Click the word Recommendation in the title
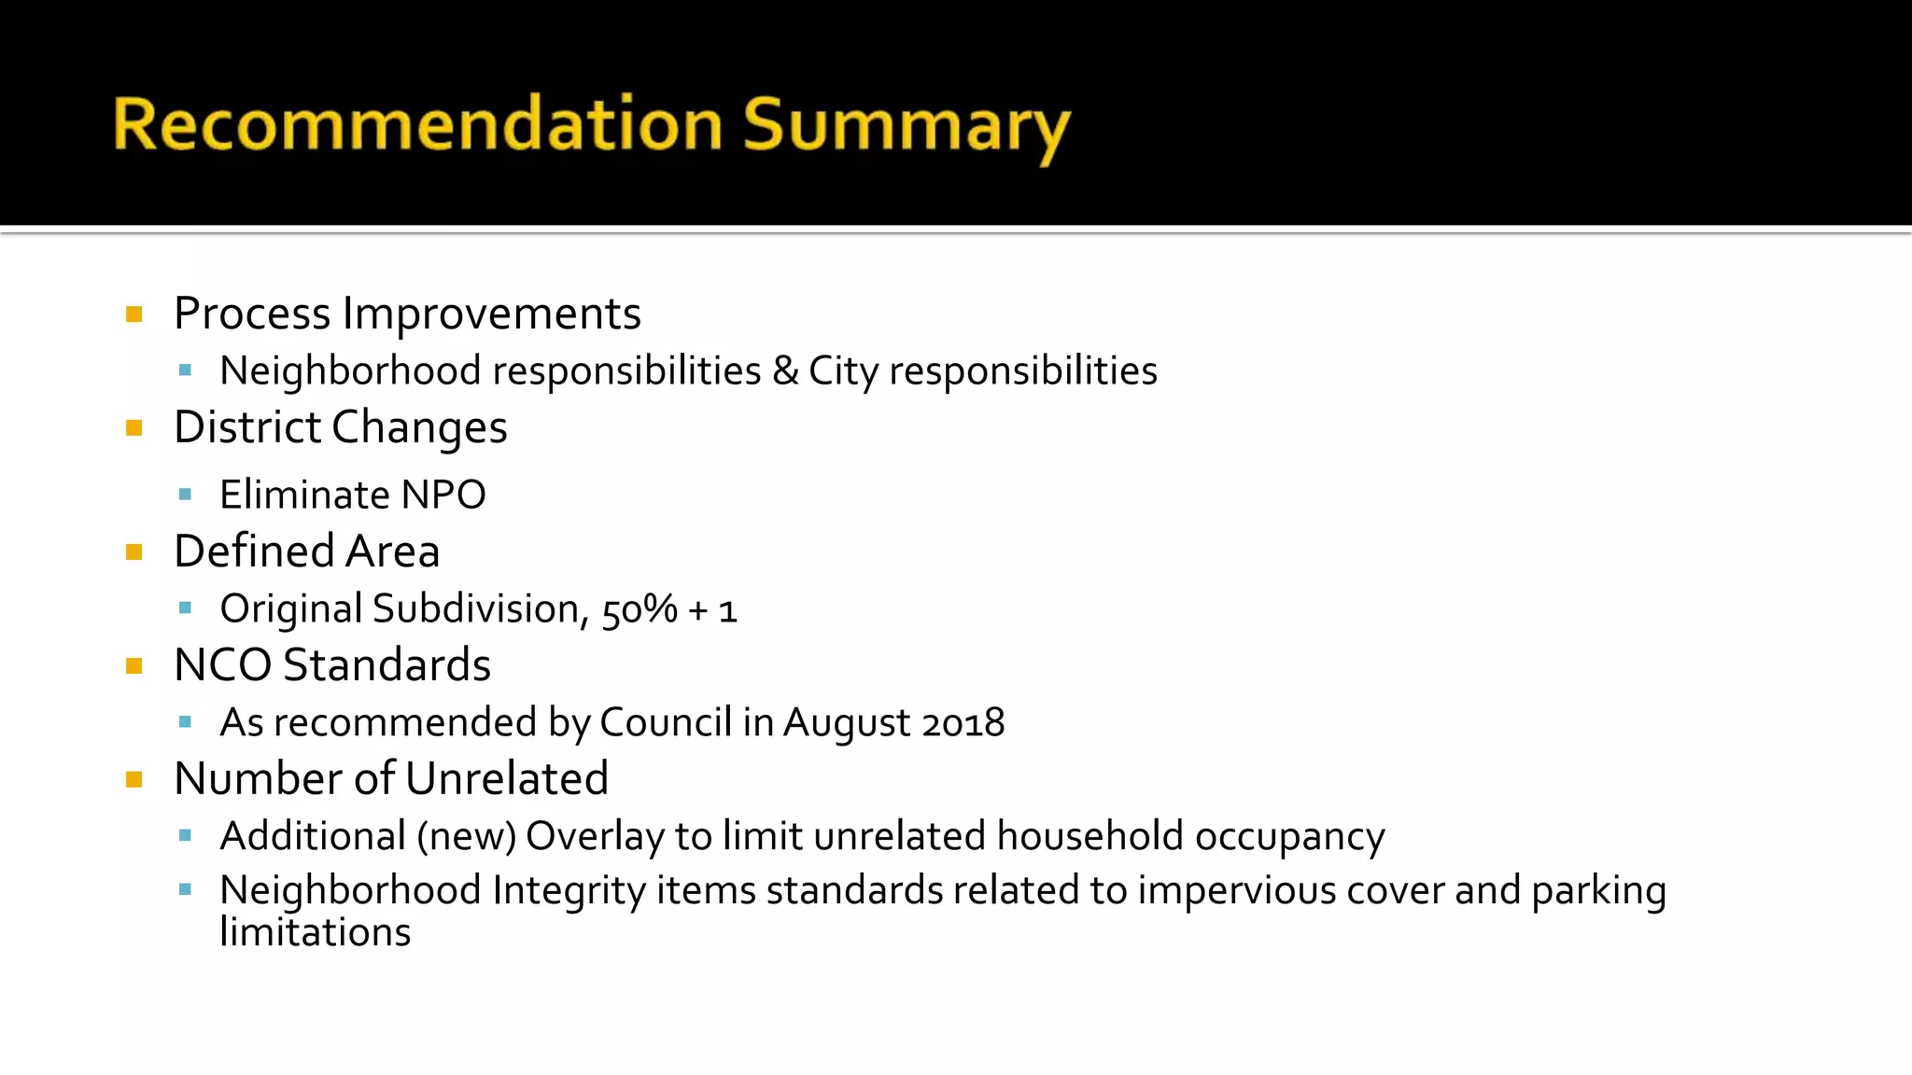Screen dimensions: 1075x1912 [x=417, y=124]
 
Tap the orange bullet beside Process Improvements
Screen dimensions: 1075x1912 [x=134, y=314]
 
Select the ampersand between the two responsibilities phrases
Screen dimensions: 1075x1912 [x=785, y=371]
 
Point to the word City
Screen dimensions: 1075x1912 [x=843, y=371]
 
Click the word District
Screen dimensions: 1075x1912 [x=247, y=427]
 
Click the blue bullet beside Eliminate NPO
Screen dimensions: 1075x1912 [x=185, y=495]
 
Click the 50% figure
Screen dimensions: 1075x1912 [x=640, y=609]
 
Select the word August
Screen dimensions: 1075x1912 [x=846, y=723]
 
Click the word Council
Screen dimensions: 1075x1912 [x=665, y=723]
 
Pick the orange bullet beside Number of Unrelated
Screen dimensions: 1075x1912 [x=134, y=779]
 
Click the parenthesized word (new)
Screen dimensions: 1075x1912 [x=466, y=836]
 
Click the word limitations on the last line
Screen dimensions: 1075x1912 [x=315, y=932]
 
